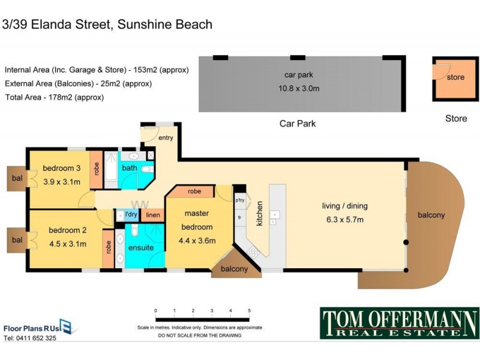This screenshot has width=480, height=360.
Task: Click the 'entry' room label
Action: pos(166,138)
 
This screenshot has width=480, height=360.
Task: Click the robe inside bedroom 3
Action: pos(95,169)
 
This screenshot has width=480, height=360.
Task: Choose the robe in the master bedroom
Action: pos(194,192)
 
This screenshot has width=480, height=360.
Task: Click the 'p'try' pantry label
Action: pos(239,200)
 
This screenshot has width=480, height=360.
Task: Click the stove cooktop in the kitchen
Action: pos(253,252)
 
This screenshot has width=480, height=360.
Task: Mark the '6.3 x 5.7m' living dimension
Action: pos(344,219)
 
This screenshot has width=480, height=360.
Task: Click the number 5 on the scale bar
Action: pos(249,310)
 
